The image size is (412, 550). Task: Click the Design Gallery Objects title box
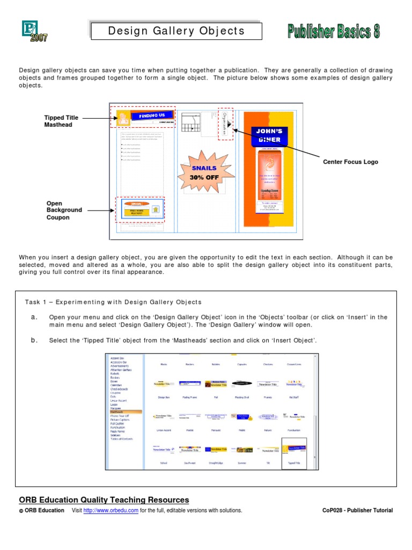176,31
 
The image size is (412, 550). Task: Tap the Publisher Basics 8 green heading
333,32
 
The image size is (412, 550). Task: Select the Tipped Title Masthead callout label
61,121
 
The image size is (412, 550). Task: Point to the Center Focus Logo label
350,162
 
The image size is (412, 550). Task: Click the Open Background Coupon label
64,211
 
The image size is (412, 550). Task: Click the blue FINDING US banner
152,115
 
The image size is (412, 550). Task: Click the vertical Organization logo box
225,124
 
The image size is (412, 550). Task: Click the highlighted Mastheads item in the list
126,411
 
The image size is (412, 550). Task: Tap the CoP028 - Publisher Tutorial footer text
354,510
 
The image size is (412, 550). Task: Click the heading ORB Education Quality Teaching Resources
104,500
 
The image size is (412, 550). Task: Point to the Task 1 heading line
113,302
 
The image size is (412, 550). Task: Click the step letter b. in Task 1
34,340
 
